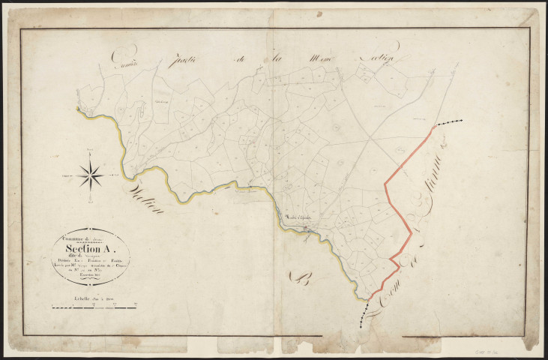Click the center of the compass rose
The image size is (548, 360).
[x=91, y=175]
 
